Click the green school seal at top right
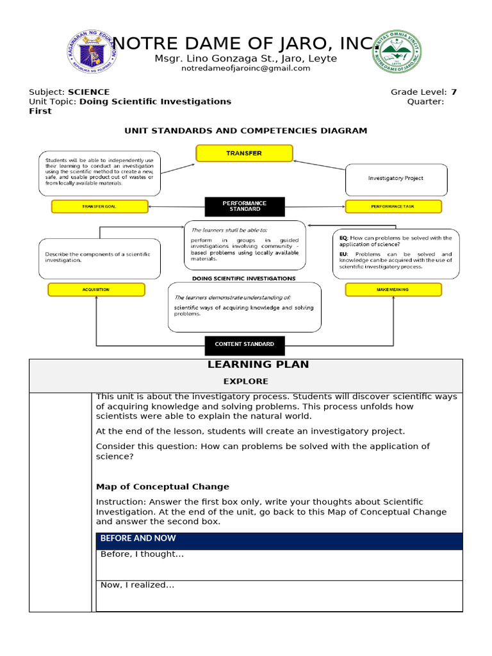pyautogui.click(x=399, y=51)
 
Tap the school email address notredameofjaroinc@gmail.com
pyautogui.click(x=245, y=69)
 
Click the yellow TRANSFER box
pyautogui.click(x=244, y=153)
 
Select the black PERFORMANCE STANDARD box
pyautogui.click(x=244, y=206)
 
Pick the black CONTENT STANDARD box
pyautogui.click(x=244, y=344)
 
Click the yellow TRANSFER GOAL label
pyautogui.click(x=99, y=206)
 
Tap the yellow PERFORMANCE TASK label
pyautogui.click(x=393, y=206)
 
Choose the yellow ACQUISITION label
pyautogui.click(x=96, y=290)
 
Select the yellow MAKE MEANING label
pyautogui.click(x=393, y=290)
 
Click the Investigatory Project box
pyautogui.click(x=395, y=179)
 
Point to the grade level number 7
pyautogui.click(x=454, y=92)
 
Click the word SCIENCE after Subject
pyautogui.click(x=89, y=92)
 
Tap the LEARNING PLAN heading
pyautogui.click(x=258, y=365)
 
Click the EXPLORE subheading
pyautogui.click(x=245, y=381)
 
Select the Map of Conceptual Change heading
pyautogui.click(x=162, y=487)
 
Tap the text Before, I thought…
pyautogui.click(x=142, y=554)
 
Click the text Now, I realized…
pyautogui.click(x=138, y=585)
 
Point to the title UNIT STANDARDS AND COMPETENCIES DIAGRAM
pyautogui.click(x=245, y=131)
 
